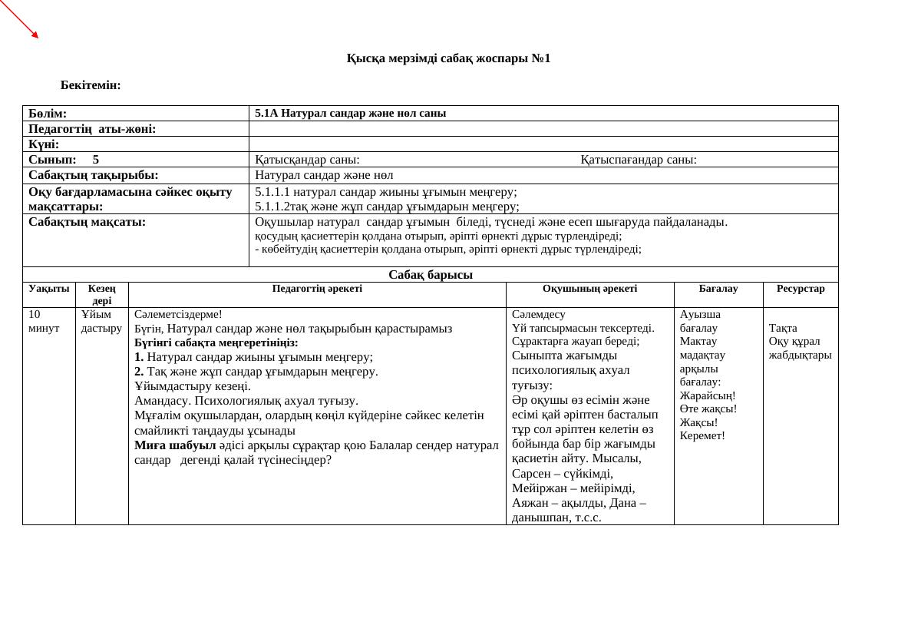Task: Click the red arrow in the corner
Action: click(x=19, y=18)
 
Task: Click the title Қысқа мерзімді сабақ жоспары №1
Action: click(x=448, y=58)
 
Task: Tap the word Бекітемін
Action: click(x=91, y=85)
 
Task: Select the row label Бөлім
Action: click(x=48, y=114)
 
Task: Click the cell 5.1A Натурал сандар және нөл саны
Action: click(x=350, y=113)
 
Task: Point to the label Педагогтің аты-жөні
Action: click(x=92, y=129)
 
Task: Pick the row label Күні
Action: click(x=44, y=144)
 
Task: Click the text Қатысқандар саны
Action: click(x=307, y=160)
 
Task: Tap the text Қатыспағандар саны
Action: click(x=639, y=160)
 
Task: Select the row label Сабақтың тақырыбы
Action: click(x=94, y=175)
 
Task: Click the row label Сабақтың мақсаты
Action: click(x=87, y=222)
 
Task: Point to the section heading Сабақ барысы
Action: click(x=430, y=275)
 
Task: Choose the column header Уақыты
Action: click(x=48, y=289)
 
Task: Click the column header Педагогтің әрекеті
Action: click(x=317, y=289)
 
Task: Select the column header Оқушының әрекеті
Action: click(x=589, y=289)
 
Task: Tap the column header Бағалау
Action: click(x=718, y=289)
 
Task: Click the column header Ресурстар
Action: click(x=801, y=289)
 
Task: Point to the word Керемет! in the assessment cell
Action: click(x=702, y=436)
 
